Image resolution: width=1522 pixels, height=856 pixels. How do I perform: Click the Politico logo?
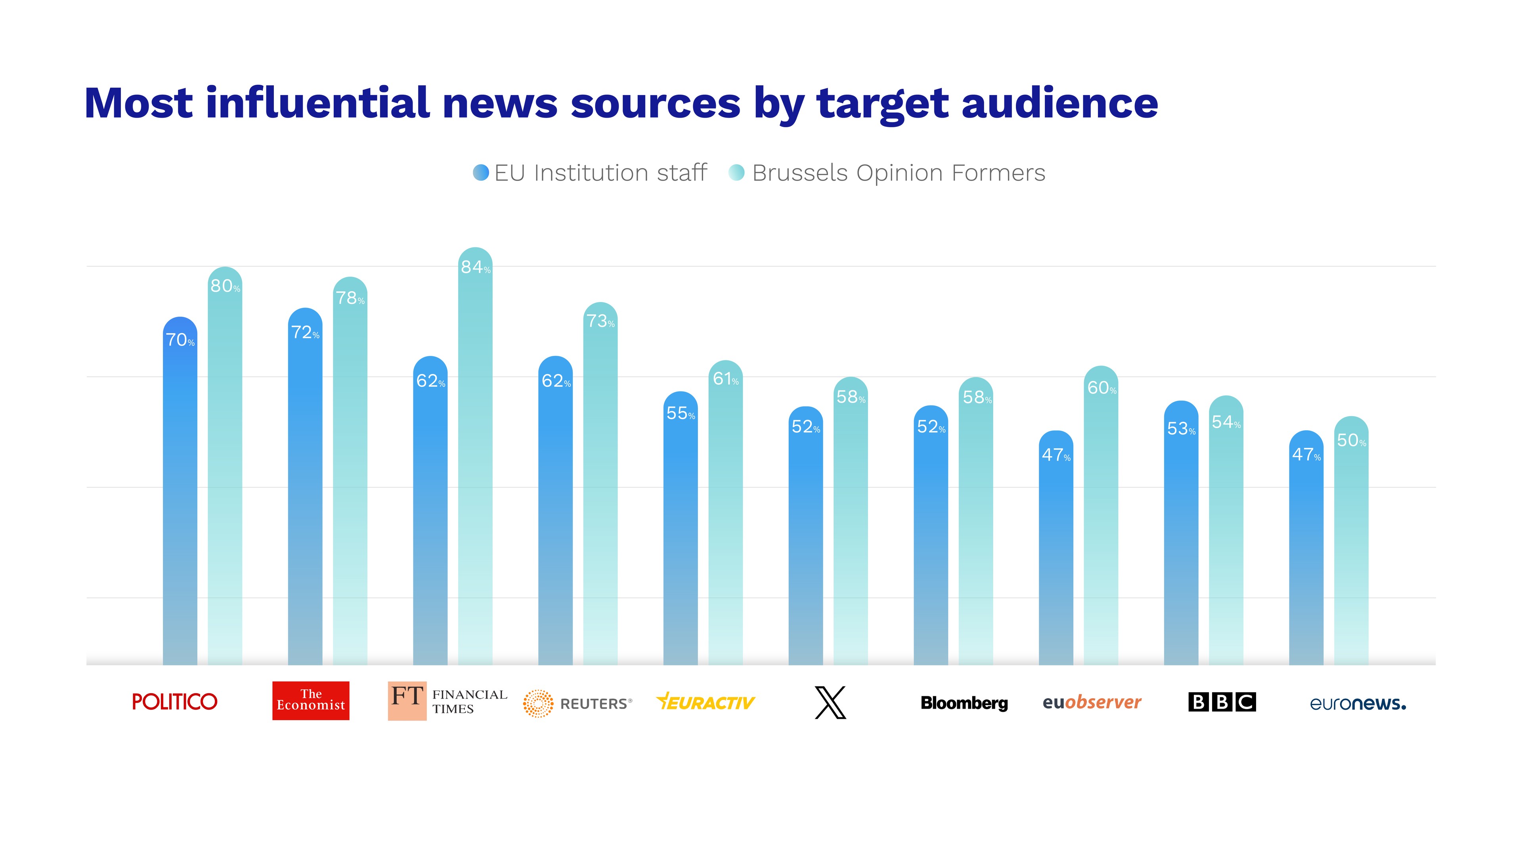coord(175,702)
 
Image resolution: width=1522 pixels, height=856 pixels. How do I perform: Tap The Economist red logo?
coord(311,701)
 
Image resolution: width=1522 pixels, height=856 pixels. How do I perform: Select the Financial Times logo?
coord(447,701)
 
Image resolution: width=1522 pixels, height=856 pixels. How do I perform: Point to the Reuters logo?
coord(577,703)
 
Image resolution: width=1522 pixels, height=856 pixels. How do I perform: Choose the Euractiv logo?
coord(706,702)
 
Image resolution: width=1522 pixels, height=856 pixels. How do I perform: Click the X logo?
coord(830,702)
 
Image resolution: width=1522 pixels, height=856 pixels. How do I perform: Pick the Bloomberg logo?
coord(964,703)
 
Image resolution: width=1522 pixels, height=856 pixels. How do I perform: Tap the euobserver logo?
coord(1092,702)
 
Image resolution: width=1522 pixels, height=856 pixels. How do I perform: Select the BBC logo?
coord(1222,702)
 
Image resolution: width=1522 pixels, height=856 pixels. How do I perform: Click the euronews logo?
coord(1358,703)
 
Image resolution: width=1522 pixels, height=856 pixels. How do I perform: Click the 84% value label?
coord(476,267)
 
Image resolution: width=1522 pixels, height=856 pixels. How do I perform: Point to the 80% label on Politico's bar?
coord(225,287)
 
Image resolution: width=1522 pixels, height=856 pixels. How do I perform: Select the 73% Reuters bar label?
coord(600,321)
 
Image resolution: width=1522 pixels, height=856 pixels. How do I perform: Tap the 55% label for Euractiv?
coord(681,413)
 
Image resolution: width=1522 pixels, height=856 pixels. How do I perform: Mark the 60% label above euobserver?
coord(1102,388)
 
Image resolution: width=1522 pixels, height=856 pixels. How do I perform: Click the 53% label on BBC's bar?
coord(1181,429)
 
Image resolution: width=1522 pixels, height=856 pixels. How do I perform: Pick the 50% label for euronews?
coord(1351,441)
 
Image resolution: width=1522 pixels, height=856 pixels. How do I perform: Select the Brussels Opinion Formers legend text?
coord(898,173)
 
